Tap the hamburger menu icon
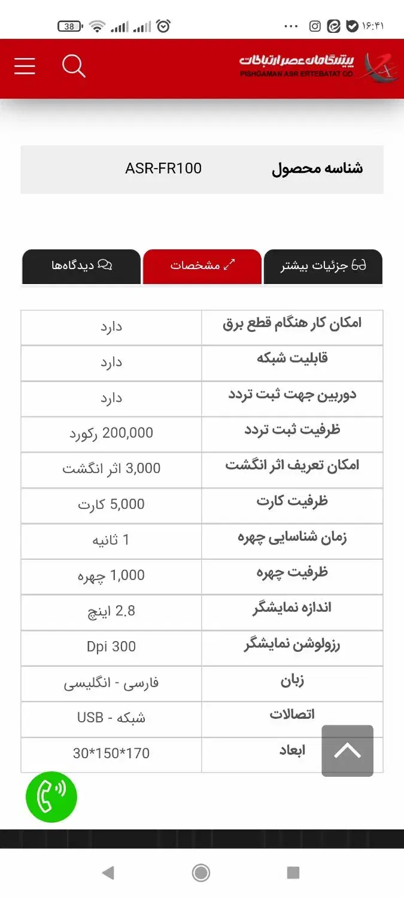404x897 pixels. pyautogui.click(x=25, y=66)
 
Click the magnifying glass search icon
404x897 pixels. pyautogui.click(x=74, y=66)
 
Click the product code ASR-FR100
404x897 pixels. pyautogui.click(x=163, y=169)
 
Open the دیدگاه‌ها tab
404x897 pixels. pyautogui.click(x=81, y=266)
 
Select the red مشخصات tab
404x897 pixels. pyautogui.click(x=202, y=266)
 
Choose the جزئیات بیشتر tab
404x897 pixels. pyautogui.click(x=323, y=266)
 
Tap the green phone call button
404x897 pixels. pyautogui.click(x=51, y=797)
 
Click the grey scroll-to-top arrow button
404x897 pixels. pyautogui.click(x=347, y=751)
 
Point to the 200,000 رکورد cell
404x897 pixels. pyautogui.click(x=111, y=434)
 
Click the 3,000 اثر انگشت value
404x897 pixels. pyautogui.click(x=111, y=469)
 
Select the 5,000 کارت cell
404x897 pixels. pyautogui.click(x=111, y=505)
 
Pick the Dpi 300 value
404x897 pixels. pyautogui.click(x=111, y=647)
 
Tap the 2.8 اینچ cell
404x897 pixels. pyautogui.click(x=111, y=611)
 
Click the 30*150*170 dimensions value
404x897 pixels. pyautogui.click(x=111, y=753)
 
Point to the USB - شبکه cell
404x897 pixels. pyautogui.click(x=111, y=718)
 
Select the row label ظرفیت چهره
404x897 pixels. pyautogui.click(x=292, y=574)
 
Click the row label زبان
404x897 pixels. pyautogui.click(x=292, y=681)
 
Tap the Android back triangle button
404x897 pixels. pyautogui.click(x=108, y=873)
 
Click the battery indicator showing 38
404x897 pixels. pyautogui.click(x=70, y=26)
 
